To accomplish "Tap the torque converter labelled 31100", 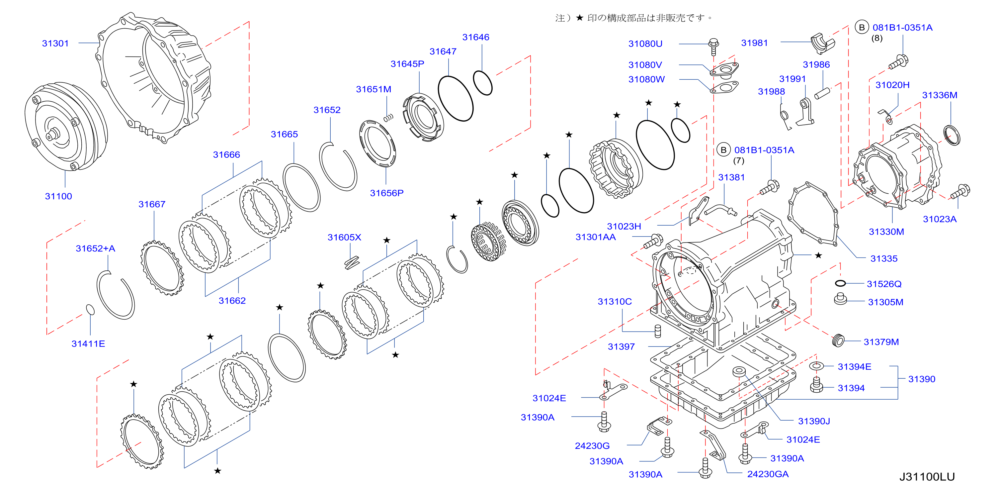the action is click(x=66, y=126).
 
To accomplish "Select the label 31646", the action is click(x=476, y=37).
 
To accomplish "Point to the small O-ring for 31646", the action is click(x=483, y=83).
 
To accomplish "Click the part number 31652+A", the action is click(x=95, y=248).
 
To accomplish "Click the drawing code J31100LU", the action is click(x=927, y=477).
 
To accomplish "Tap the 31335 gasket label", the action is click(x=883, y=259).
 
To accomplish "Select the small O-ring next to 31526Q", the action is click(x=840, y=283).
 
